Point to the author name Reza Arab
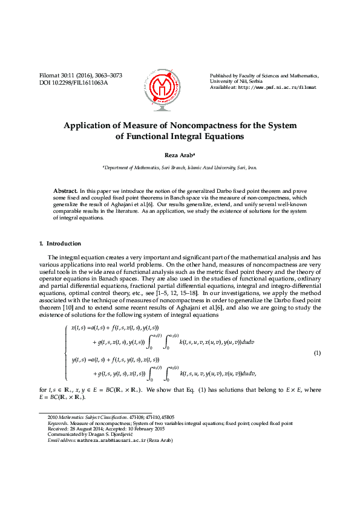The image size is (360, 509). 178,155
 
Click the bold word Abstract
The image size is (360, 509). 65,190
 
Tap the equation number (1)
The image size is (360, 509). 316,353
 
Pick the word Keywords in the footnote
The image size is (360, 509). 57,424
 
